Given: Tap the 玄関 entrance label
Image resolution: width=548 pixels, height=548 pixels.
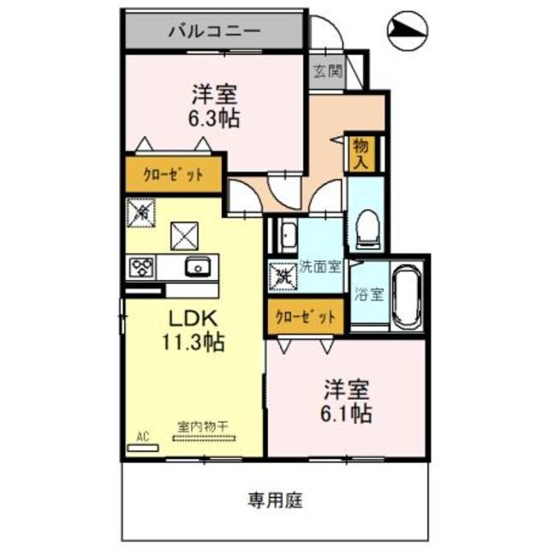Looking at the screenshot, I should pos(326,72).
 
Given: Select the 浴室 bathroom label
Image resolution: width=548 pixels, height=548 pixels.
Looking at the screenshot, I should pos(369,292).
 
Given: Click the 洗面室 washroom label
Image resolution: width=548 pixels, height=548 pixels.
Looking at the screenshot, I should pos(319,265).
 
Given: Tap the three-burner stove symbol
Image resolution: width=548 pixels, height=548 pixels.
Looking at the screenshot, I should pos(140,267).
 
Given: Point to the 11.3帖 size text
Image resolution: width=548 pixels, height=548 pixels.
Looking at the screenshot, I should pos(194,343).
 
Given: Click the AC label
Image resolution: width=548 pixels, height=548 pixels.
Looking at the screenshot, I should pos(143,436).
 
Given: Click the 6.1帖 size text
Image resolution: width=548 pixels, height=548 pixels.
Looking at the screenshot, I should pos(347,414).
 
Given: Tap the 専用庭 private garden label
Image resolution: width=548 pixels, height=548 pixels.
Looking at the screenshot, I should pos(276,497).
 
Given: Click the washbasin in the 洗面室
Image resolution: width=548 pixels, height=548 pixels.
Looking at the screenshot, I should pos(286,234).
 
